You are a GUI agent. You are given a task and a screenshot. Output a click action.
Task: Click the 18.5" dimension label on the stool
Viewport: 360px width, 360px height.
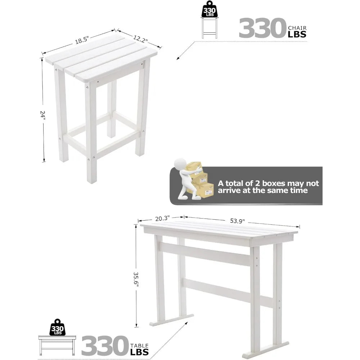[82, 40]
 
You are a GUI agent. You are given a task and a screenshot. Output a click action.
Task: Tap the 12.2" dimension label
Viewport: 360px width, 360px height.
[140, 39]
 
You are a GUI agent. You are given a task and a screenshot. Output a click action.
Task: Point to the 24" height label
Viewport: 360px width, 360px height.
[43, 114]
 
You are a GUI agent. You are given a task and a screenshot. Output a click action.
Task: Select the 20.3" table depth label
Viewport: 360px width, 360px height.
[162, 218]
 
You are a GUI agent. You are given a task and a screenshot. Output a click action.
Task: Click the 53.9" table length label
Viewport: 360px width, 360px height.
[237, 221]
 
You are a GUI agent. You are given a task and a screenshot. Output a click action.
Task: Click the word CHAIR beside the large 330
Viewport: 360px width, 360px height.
[297, 28]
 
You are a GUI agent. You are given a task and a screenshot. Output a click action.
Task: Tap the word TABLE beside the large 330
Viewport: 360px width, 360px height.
[139, 346]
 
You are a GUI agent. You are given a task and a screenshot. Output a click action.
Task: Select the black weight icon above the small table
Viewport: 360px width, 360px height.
[57, 327]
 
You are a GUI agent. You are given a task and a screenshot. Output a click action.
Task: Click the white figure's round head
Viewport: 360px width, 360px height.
[180, 164]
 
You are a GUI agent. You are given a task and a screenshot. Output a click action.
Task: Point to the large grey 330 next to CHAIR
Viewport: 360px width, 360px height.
[262, 28]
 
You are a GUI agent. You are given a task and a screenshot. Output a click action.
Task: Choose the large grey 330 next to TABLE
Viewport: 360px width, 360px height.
[105, 346]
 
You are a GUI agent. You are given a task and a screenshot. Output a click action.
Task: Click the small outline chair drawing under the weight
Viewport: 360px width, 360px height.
[210, 28]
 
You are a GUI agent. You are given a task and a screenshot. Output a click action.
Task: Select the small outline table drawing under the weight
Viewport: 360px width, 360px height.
[57, 346]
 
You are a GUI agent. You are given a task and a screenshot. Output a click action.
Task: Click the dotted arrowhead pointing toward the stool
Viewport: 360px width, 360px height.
[178, 58]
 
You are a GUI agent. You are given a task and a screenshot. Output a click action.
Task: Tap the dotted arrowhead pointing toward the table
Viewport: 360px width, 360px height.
[186, 323]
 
